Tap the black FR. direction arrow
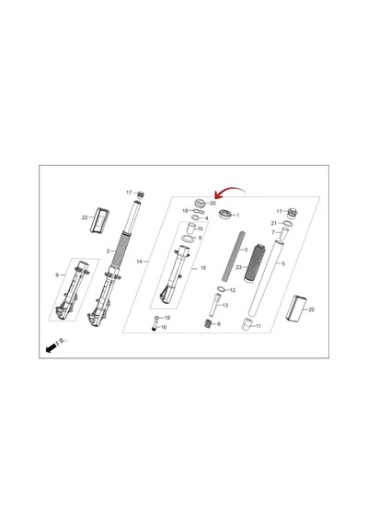52,348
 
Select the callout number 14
140,262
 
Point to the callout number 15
203,268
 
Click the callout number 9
57,274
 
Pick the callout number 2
108,251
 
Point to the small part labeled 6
208,324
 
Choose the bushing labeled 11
247,325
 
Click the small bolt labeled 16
155,326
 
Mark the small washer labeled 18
156,318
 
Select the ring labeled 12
221,289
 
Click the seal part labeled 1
224,214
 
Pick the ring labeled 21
288,223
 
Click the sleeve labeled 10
190,230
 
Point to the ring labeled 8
188,239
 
